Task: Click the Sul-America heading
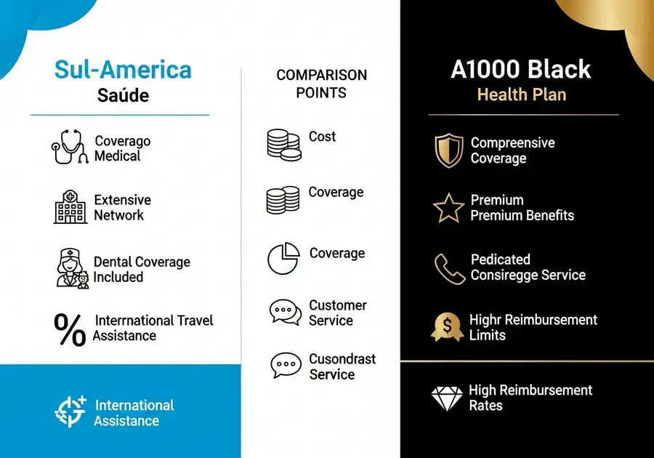click(123, 70)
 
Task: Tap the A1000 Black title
click(520, 70)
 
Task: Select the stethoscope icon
click(70, 147)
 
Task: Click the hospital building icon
click(70, 207)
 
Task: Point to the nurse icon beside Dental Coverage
click(71, 269)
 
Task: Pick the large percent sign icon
click(70, 329)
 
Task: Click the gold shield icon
click(448, 150)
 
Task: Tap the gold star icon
click(448, 208)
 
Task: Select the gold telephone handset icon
click(449, 268)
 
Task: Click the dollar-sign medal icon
click(448, 327)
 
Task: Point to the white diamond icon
click(447, 398)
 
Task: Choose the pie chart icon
click(283, 259)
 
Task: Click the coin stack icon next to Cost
click(283, 144)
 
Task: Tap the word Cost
click(323, 137)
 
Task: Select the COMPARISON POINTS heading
click(321, 84)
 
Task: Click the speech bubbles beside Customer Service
click(285, 313)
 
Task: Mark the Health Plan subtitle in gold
click(521, 95)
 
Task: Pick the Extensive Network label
click(123, 207)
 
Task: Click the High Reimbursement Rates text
click(530, 398)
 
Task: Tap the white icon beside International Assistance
click(70, 411)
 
